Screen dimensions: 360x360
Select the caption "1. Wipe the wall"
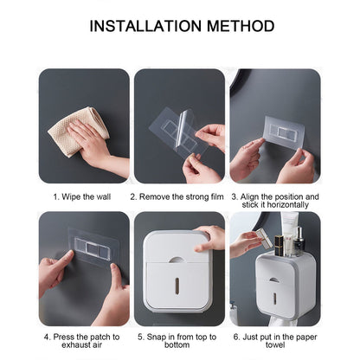84,196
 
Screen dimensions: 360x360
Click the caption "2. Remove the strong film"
179,196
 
